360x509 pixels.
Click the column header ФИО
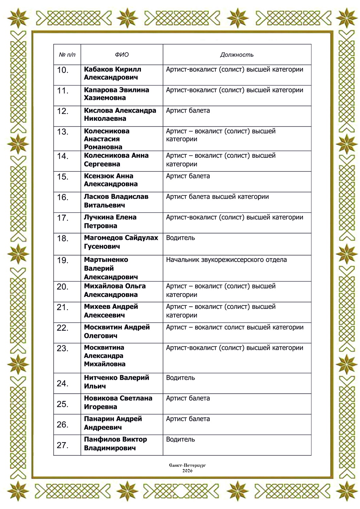click(122, 55)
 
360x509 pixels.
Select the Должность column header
click(237, 55)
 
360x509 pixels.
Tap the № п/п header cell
click(67, 55)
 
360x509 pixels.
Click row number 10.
click(63, 70)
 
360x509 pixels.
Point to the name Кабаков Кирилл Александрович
click(112, 73)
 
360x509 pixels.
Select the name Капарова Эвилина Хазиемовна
click(116, 94)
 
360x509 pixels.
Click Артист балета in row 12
click(188, 111)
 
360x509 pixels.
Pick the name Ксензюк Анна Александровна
click(111, 180)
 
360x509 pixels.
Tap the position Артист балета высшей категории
click(217, 197)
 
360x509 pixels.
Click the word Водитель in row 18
click(180, 238)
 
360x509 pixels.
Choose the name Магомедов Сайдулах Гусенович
click(121, 242)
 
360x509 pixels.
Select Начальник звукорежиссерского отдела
click(226, 260)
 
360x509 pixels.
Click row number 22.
click(63, 328)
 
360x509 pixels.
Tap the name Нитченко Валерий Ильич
click(116, 382)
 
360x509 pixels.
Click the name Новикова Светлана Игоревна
click(118, 402)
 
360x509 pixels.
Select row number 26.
click(63, 425)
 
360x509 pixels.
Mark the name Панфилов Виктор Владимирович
click(115, 444)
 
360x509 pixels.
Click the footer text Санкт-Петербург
click(187, 466)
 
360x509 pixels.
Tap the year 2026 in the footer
click(187, 471)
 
